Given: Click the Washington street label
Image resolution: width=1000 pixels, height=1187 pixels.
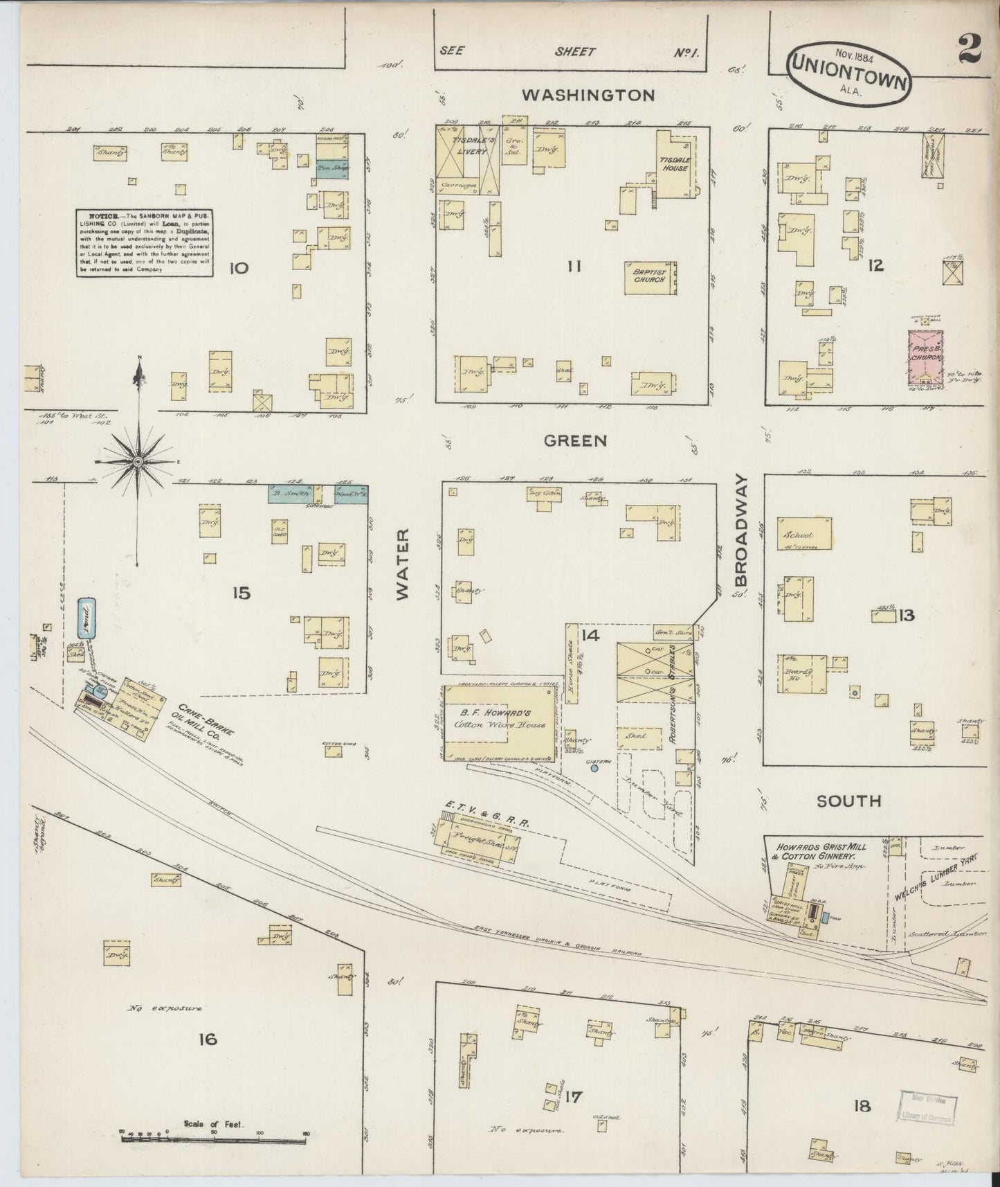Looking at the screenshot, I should (x=588, y=96).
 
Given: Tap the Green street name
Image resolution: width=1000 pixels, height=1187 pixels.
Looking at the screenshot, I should (x=575, y=440).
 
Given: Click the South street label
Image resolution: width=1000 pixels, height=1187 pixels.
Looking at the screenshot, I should (x=848, y=801).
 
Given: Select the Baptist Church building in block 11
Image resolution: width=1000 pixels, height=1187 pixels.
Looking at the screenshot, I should (x=651, y=278).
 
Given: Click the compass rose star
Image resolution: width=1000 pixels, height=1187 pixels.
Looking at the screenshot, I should (x=138, y=461).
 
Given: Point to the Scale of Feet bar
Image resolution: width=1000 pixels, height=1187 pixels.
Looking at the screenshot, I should (x=214, y=1138).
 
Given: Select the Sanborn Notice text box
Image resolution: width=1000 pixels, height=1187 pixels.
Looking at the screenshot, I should (x=144, y=243).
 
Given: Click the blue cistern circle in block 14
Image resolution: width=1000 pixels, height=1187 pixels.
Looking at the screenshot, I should (x=594, y=767).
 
